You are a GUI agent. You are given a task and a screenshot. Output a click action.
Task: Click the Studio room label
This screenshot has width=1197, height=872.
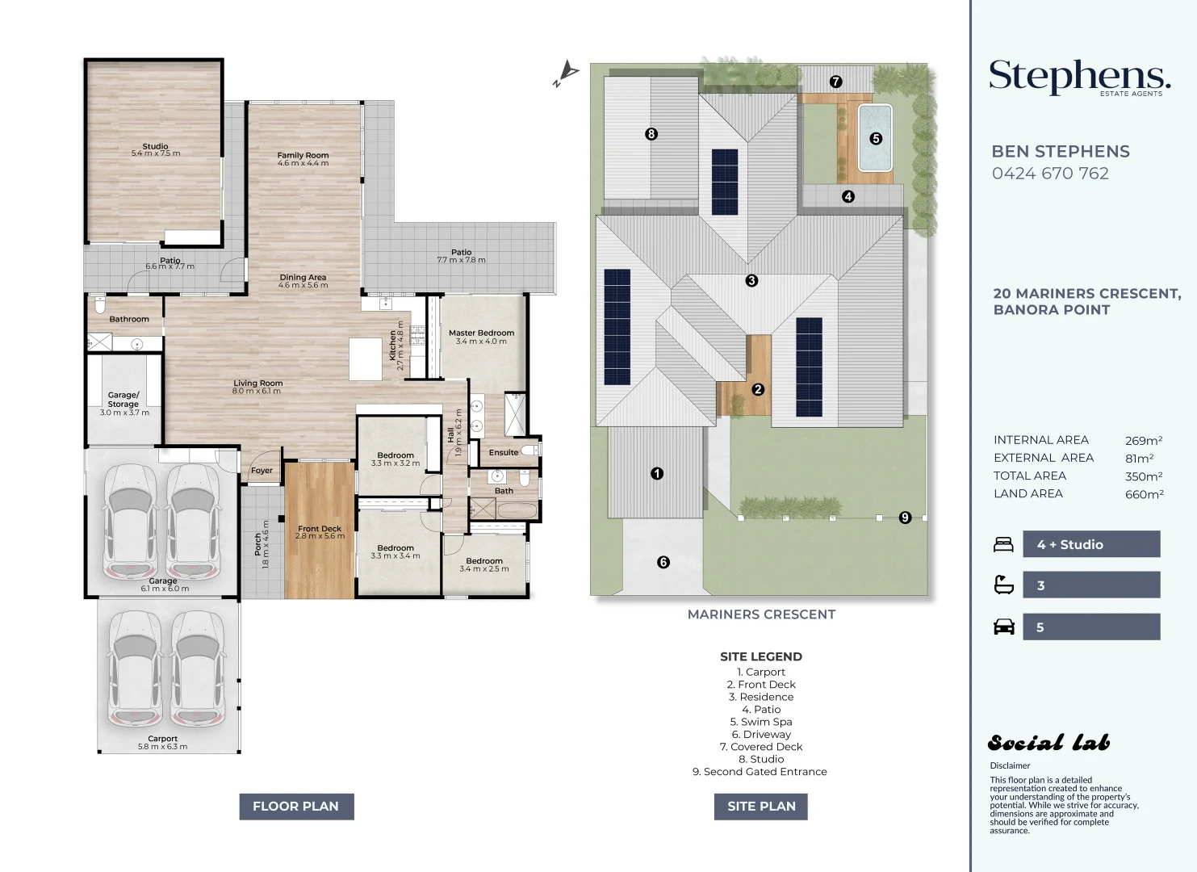155,146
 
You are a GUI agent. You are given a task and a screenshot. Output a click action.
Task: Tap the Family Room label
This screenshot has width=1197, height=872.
303,155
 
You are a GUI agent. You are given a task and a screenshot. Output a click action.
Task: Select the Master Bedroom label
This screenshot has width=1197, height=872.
482,333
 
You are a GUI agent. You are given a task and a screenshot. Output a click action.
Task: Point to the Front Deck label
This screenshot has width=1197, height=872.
320,528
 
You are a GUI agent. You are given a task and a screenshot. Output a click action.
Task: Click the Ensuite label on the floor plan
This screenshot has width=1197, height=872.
504,452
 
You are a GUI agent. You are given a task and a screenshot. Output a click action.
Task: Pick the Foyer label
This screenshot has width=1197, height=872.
262,471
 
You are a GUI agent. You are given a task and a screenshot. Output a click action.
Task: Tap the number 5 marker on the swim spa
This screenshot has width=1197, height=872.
875,139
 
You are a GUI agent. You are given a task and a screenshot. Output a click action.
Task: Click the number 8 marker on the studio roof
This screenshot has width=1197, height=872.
651,134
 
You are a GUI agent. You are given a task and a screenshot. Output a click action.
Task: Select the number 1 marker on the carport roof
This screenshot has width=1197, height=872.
657,473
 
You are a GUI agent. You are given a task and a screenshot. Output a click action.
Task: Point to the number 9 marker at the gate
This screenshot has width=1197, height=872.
905,517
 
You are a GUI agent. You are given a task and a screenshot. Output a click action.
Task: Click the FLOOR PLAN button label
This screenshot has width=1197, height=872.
295,807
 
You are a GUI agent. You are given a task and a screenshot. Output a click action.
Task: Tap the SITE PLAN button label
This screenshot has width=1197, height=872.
761,807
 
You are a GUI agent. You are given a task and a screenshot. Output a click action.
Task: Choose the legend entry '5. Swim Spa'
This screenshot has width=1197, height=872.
761,722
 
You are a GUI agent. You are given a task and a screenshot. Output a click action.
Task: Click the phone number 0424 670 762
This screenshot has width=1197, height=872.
1050,174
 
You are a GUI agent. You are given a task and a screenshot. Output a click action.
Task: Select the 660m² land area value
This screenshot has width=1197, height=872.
1144,494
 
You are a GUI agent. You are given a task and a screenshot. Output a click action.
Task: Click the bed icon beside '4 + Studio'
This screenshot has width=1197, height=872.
1003,544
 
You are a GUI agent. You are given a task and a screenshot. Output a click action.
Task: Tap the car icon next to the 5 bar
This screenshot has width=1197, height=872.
1004,627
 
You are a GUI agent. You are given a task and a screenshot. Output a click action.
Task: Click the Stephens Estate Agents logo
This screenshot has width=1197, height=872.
1080,78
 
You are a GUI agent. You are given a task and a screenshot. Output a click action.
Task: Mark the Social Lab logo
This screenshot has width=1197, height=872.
1048,743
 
